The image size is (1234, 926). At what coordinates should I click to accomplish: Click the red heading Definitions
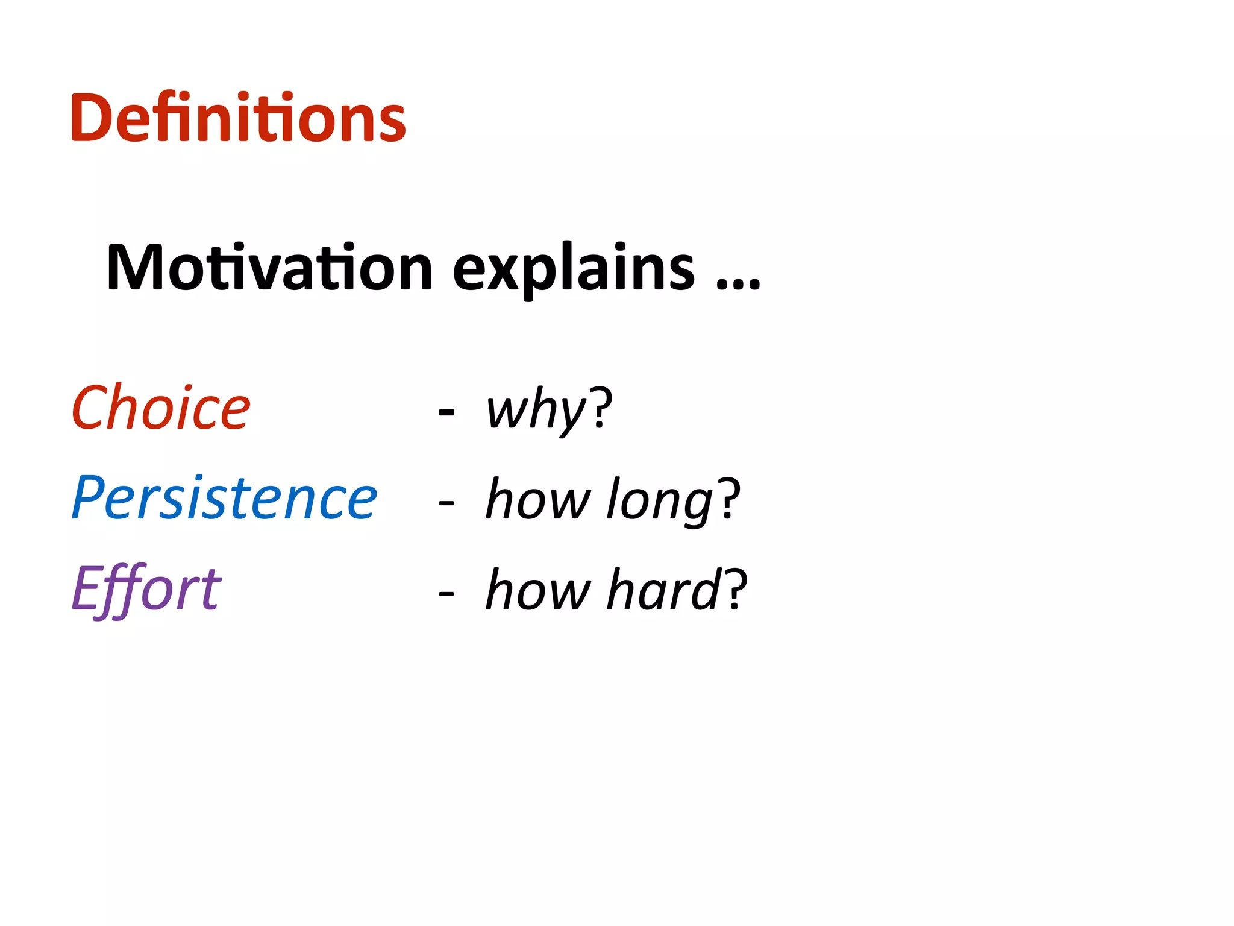[x=238, y=118]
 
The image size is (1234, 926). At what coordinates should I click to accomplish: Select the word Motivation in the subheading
[x=269, y=267]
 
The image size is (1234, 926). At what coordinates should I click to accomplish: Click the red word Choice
[x=160, y=408]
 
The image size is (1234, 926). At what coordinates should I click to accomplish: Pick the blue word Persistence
[x=224, y=498]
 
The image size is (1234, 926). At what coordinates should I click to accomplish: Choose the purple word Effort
[x=146, y=589]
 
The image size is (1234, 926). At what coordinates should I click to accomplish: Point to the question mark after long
[x=728, y=498]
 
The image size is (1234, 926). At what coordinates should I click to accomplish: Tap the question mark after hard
[x=736, y=588]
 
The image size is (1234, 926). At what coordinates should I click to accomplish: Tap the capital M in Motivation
[x=136, y=267]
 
